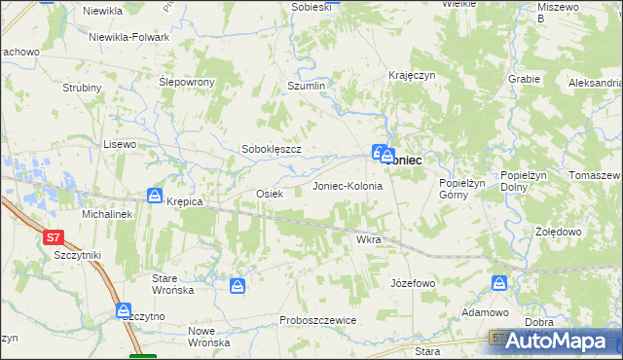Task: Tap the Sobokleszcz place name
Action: [272, 150]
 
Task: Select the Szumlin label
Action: [305, 87]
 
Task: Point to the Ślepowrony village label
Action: [186, 83]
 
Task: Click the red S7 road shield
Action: [54, 236]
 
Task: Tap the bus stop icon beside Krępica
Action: [155, 197]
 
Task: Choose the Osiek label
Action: [269, 194]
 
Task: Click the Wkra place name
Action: [368, 238]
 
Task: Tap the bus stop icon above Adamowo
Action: [499, 283]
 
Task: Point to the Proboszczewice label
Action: [317, 320]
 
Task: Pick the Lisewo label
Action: [120, 143]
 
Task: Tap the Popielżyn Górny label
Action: [454, 188]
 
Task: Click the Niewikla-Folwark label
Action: [128, 37]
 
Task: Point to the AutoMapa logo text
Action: [565, 342]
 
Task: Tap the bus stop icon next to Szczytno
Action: [125, 311]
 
